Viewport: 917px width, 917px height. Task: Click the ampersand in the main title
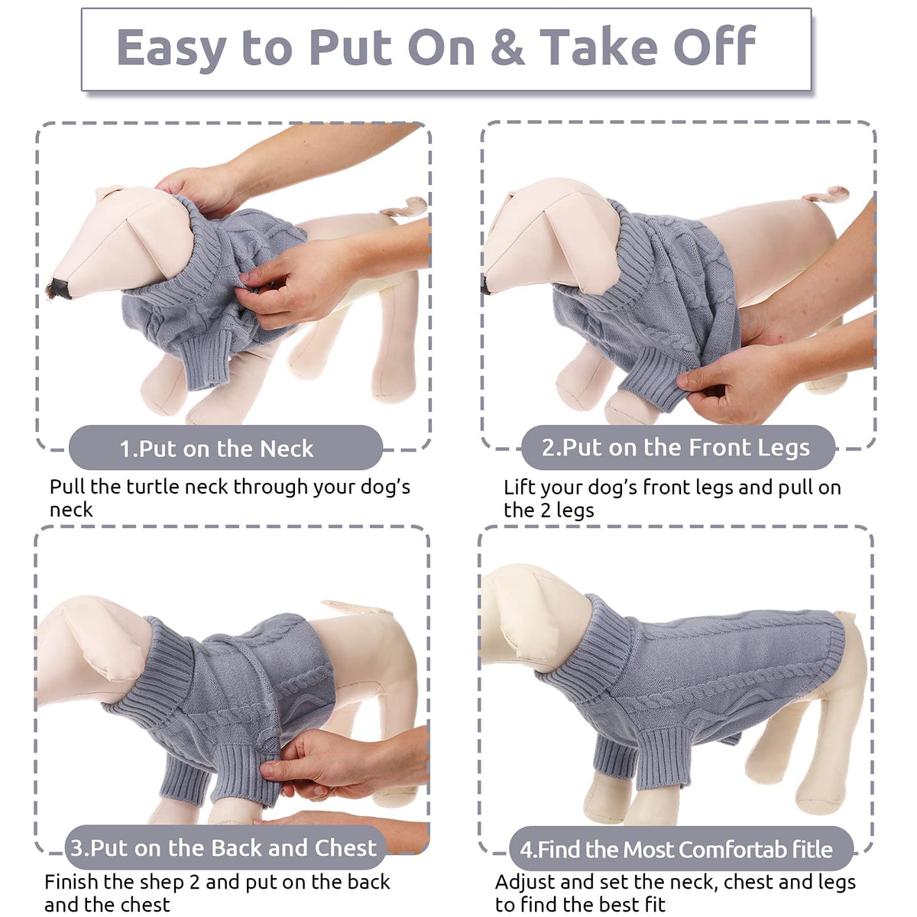pyautogui.click(x=507, y=47)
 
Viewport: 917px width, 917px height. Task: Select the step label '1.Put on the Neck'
pyautogui.click(x=216, y=449)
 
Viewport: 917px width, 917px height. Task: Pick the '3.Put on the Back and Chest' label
pyautogui.click(x=224, y=847)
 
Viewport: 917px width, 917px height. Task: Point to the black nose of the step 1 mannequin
pyautogui.click(x=60, y=288)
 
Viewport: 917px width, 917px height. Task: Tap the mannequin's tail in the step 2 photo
pyautogui.click(x=825, y=194)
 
